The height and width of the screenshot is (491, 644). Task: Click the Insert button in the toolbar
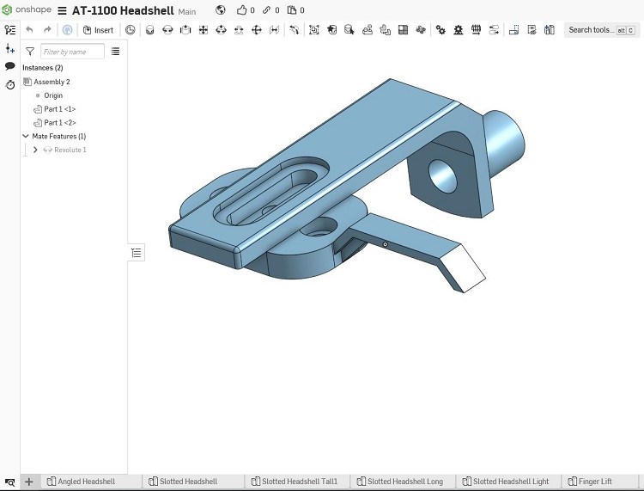[98, 30]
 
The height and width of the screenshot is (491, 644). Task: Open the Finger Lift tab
[590, 482]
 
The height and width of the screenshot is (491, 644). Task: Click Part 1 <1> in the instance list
[59, 109]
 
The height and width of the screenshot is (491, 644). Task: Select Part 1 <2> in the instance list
[59, 123]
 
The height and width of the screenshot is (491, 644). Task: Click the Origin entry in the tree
[53, 95]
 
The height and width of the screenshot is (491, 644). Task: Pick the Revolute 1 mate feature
[70, 150]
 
